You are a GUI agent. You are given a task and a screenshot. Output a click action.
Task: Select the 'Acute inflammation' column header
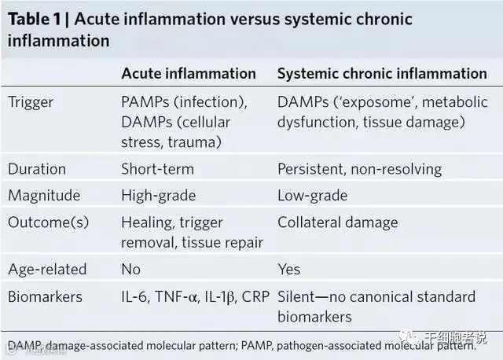click(x=188, y=74)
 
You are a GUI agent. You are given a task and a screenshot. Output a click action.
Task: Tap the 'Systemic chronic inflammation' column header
click(x=382, y=74)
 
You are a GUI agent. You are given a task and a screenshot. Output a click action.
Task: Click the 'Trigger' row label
click(x=33, y=101)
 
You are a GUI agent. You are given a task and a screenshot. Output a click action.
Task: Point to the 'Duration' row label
click(x=37, y=169)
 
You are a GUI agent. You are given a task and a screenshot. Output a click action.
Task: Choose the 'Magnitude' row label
click(x=44, y=195)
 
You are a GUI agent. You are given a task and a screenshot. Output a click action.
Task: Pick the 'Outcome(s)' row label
click(x=49, y=222)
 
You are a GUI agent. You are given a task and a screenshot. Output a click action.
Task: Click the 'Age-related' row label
click(x=47, y=270)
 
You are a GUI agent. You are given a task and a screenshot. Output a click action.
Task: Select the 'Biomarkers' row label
click(x=44, y=297)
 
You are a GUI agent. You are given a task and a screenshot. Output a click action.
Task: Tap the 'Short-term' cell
click(x=157, y=169)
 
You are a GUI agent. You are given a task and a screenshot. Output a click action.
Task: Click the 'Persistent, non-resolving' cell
click(x=359, y=169)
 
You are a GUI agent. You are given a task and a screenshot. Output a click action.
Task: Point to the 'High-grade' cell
click(x=158, y=195)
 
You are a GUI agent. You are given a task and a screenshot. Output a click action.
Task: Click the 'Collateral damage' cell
click(x=337, y=222)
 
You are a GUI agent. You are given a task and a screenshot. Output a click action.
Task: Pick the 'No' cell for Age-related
click(x=130, y=270)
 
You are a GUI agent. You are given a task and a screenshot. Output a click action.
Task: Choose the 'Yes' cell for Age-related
click(x=289, y=270)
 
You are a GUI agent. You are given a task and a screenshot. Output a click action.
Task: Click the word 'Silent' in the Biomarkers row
click(x=299, y=297)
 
